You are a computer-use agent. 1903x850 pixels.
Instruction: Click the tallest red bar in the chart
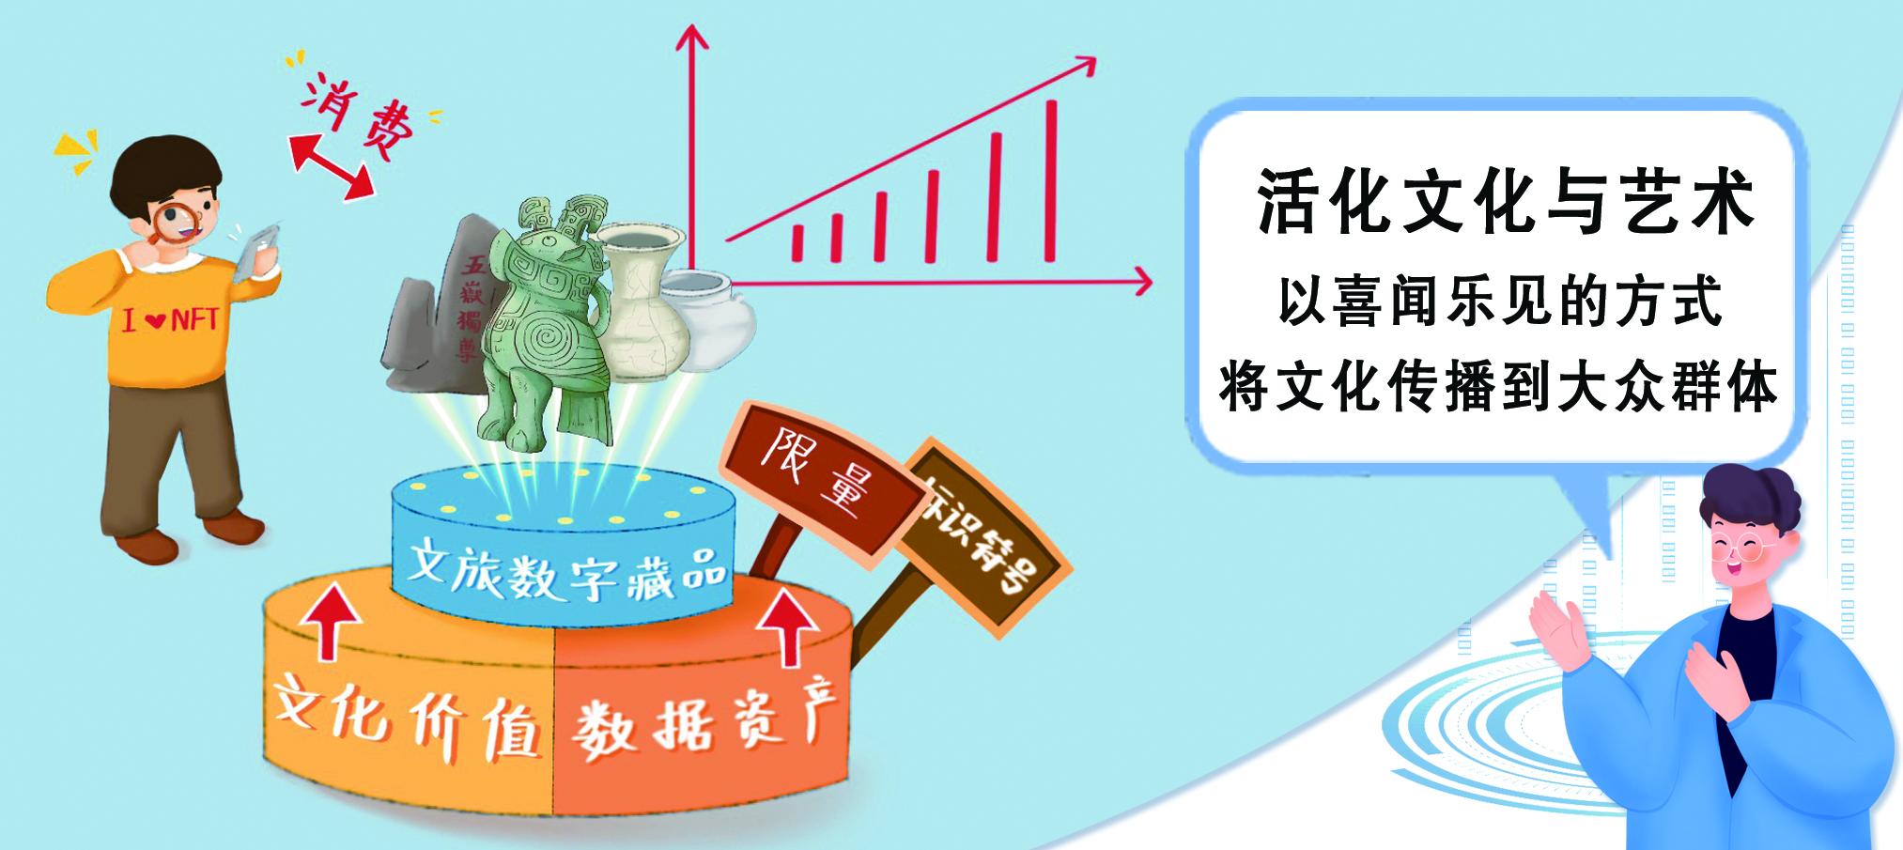1051,178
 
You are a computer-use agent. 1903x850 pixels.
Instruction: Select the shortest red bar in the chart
798,242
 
